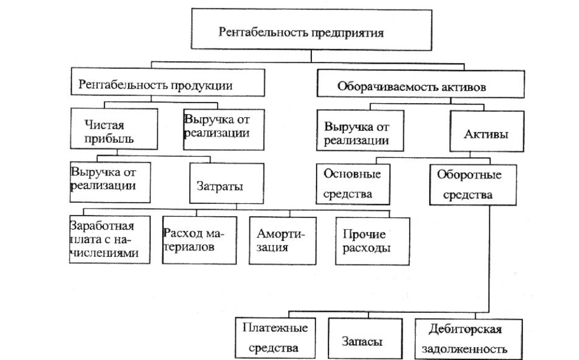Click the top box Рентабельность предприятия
coord(302,29)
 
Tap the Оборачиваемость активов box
coord(420,85)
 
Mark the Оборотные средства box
coord(473,184)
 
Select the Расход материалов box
coord(193,240)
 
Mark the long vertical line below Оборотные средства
coord(489,259)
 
